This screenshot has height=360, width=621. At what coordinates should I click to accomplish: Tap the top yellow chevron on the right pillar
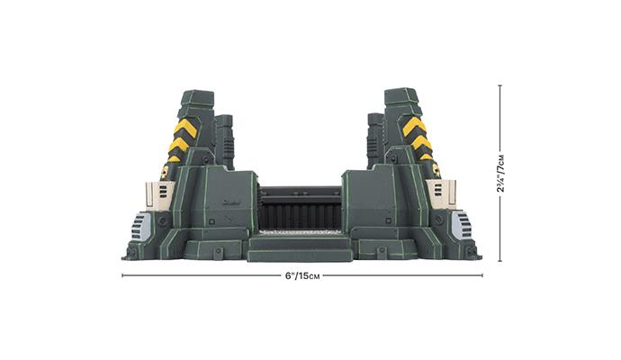415,126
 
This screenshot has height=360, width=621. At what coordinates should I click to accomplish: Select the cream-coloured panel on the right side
443,192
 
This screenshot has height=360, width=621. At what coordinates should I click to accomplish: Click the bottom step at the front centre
300,255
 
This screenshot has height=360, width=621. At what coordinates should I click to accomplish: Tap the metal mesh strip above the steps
300,232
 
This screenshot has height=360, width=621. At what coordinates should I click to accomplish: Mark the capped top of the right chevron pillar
401,95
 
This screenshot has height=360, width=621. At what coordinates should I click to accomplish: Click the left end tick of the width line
122,275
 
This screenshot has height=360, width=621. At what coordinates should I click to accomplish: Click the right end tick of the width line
481,275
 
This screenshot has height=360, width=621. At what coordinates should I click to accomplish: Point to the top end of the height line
500,85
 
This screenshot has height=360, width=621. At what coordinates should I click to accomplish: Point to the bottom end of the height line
500,261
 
